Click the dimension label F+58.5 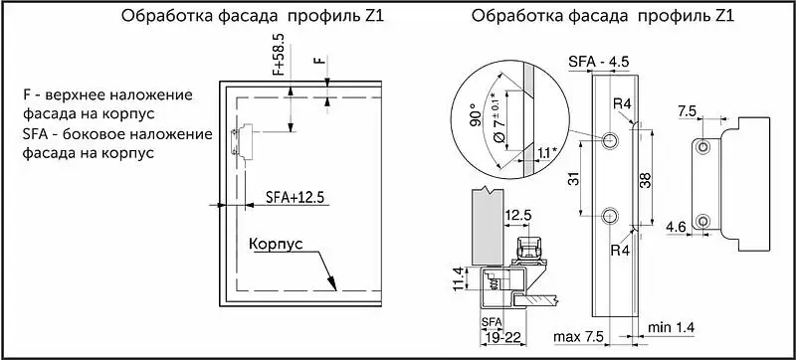coord(280,56)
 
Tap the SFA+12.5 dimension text coord(295,197)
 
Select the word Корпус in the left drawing coord(276,244)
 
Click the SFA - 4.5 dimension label coord(599,62)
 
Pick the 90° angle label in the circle coord(476,116)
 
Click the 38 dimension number coord(645,180)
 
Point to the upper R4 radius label coord(622,105)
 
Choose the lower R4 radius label coord(622,251)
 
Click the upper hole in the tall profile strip coord(610,140)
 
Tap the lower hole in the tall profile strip coord(610,216)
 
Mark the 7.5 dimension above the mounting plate coord(688,112)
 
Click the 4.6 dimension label coord(676,226)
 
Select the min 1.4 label coord(671,327)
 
